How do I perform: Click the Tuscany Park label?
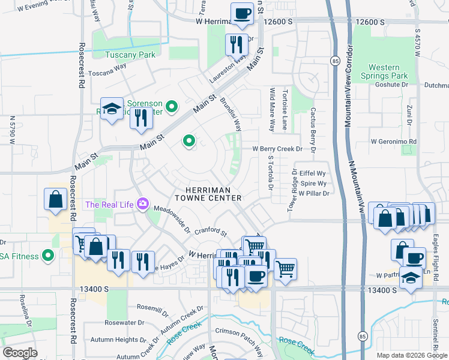(x=130, y=55)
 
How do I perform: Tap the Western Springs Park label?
(x=384, y=71)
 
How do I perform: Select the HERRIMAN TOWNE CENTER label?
(x=208, y=193)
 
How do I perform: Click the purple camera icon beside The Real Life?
(x=143, y=204)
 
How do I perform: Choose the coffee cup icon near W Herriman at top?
(x=243, y=13)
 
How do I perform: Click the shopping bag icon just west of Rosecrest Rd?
(x=55, y=200)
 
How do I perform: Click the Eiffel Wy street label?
(x=313, y=173)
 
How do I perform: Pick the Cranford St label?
(x=211, y=232)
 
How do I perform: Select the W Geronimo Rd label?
(x=393, y=142)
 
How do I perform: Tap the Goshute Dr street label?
(x=392, y=85)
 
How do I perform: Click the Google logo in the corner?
(x=20, y=353)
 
